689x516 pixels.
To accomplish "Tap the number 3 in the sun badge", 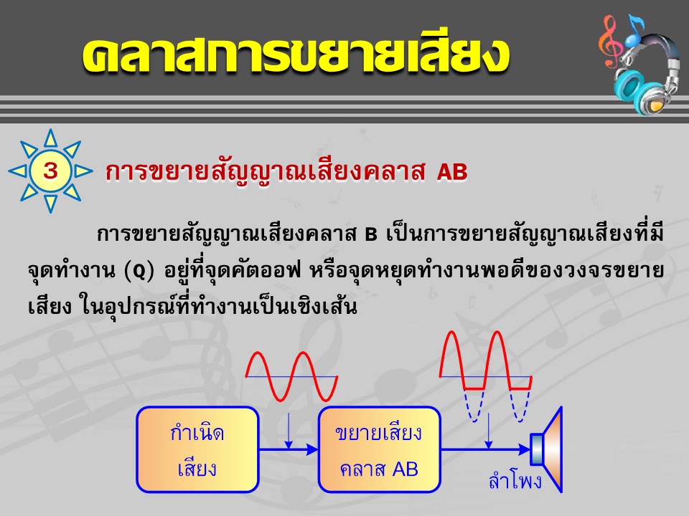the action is coord(50,171).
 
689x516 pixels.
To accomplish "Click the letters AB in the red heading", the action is coord(452,172).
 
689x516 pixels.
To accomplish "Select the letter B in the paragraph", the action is coord(371,235).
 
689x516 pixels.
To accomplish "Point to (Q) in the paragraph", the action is coord(139,271).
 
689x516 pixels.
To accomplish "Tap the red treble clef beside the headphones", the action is coord(610,41).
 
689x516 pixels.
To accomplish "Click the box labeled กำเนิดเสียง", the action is coord(198,450).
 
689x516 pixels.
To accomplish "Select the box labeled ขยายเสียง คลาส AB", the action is coord(379,450).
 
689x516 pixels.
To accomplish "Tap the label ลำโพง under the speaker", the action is coord(515,480).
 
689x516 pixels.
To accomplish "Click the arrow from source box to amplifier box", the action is coord(289,450).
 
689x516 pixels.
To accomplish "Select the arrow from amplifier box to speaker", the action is coord(486,450).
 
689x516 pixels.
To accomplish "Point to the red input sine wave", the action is coord(291,376).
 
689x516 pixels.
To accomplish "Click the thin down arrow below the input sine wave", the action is coord(289,431).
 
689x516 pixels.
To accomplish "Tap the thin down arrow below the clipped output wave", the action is coord(488,431).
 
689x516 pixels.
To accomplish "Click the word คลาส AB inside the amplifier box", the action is coord(379,469).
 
